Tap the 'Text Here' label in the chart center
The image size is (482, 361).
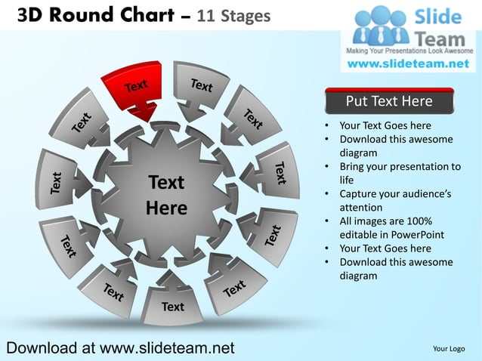pos(166,195)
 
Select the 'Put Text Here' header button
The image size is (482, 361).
pos(389,101)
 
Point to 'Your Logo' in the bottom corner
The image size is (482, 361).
pos(449,348)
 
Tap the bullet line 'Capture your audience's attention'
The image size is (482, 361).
pos(395,201)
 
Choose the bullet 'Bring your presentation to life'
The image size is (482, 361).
pos(399,173)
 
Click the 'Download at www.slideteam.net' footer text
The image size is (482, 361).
pos(119,347)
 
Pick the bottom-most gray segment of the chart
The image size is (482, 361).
pos(172,302)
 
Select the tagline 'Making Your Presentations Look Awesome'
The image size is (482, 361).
pos(409,51)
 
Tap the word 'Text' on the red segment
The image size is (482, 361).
pos(136,85)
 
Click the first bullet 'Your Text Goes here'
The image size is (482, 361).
pos(385,125)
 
